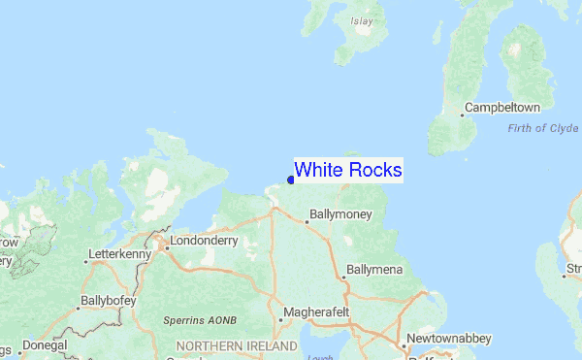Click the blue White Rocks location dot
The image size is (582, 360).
pyautogui.click(x=291, y=180)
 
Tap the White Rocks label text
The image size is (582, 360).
pyautogui.click(x=347, y=170)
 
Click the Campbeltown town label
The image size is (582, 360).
pyautogui.click(x=501, y=107)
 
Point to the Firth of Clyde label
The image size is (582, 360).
pyautogui.click(x=543, y=129)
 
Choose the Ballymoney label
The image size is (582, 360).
pyautogui.click(x=339, y=213)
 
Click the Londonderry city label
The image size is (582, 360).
pyautogui.click(x=203, y=241)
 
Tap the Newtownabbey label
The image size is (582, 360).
pyautogui.click(x=448, y=339)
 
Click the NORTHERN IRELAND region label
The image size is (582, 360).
pyautogui.click(x=237, y=345)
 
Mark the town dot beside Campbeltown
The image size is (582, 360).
pyautogui.click(x=461, y=115)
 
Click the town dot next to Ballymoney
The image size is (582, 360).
pyautogui.click(x=307, y=222)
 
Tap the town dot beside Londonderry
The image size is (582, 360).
pyautogui.click(x=166, y=247)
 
